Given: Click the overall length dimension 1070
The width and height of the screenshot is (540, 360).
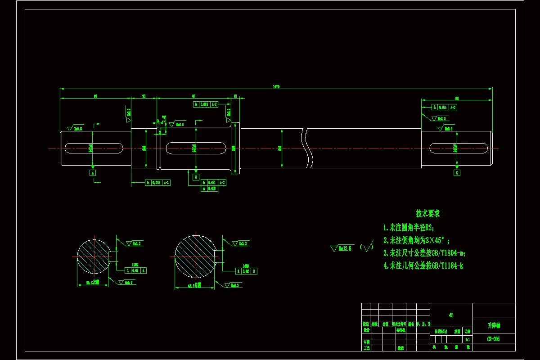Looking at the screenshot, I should coord(276,86).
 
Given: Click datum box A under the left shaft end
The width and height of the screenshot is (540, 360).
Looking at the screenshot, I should coord(93,172).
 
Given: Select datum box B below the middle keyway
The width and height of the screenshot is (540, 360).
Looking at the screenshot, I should coord(196,177).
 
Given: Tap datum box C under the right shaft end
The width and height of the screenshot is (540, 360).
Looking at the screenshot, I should coord(457,172).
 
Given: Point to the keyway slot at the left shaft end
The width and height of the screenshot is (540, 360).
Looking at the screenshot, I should coord(94,148).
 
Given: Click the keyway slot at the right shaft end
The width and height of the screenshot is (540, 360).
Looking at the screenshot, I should coord(458,148).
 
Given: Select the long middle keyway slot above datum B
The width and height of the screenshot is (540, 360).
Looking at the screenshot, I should coord(196,147).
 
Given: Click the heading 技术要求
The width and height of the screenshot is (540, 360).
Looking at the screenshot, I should coord(427,213).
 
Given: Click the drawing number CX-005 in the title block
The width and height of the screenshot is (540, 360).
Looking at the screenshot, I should coord(494,339).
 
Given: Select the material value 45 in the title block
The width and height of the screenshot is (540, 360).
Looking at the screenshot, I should coord(451,315).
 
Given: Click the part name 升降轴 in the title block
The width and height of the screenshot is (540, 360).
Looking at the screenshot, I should coord(494,324).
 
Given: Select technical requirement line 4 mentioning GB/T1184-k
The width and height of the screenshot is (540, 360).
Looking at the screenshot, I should coord(423,265).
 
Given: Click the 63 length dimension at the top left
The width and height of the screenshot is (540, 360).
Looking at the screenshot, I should coord(95,96).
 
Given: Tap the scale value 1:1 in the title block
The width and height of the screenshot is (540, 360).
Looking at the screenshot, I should coord(468,339).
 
